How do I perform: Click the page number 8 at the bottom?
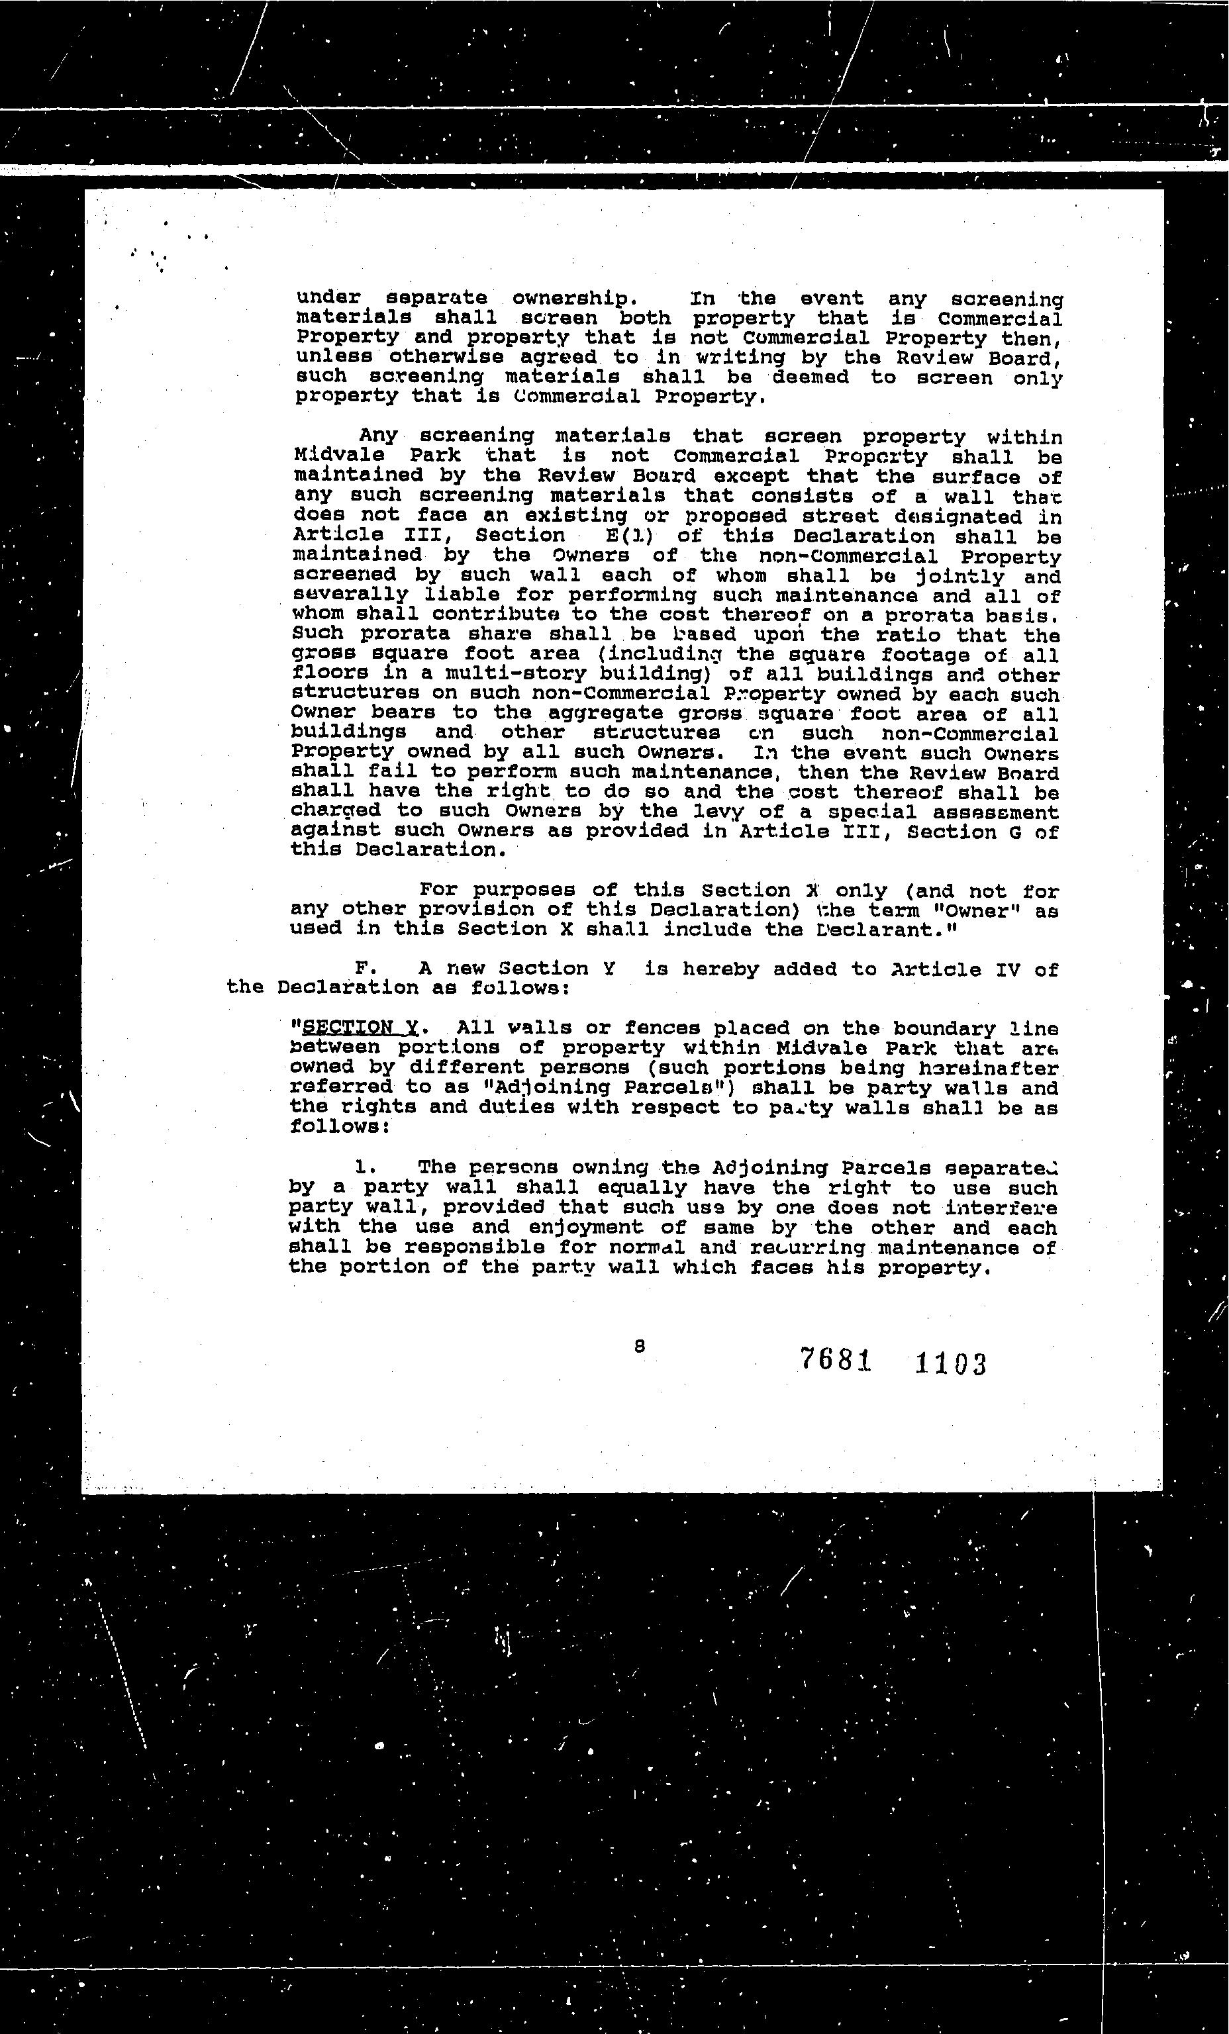(639, 1345)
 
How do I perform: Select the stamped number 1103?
(950, 1364)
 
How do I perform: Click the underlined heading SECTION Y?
(360, 1028)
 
